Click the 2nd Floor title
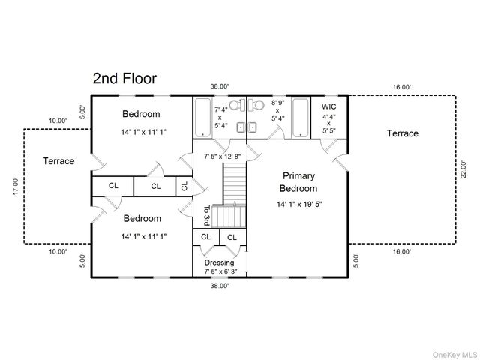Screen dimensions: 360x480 (x=124, y=78)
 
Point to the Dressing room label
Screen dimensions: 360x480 (x=219, y=262)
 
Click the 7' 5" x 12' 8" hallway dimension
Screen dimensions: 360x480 (x=222, y=157)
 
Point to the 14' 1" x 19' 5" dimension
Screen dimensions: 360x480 (x=299, y=203)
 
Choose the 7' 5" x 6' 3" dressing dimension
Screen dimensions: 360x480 (x=219, y=272)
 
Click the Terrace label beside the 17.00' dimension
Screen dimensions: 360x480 (x=58, y=160)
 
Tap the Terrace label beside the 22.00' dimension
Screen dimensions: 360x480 (x=402, y=133)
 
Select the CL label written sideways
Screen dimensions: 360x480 (x=184, y=186)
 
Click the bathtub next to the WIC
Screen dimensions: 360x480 (x=301, y=118)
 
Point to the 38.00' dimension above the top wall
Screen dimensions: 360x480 (x=219, y=87)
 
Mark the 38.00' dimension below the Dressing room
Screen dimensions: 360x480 (x=219, y=285)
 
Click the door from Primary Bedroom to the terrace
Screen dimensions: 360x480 (x=339, y=158)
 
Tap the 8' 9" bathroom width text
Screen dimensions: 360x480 (x=277, y=101)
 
